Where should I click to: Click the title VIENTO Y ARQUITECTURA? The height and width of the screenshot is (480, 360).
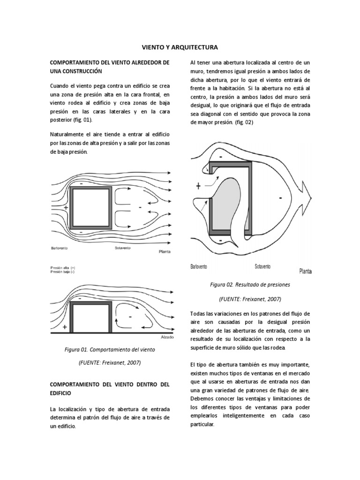click(x=180, y=47)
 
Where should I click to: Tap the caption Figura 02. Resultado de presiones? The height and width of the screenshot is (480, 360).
click(x=250, y=285)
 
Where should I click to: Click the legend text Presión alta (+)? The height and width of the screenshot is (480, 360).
click(x=63, y=268)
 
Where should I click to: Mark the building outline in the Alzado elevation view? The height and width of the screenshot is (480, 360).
click(x=91, y=316)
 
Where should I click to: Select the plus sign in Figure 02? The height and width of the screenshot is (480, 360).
click(x=199, y=186)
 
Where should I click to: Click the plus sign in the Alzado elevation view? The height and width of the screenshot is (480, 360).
click(x=64, y=327)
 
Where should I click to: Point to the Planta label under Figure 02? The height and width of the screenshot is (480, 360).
click(x=306, y=270)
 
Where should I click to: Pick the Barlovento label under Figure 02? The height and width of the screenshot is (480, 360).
click(x=199, y=267)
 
